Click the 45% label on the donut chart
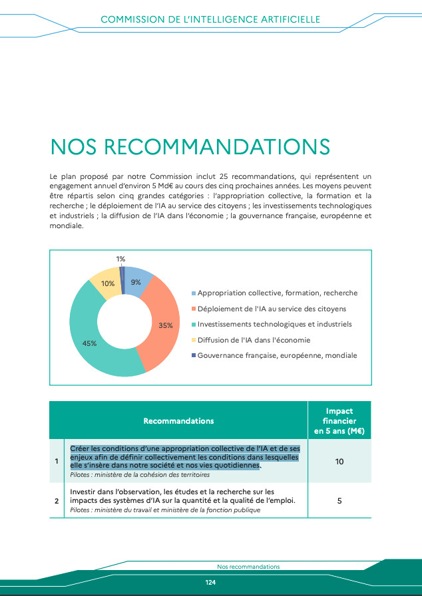(x=90, y=343)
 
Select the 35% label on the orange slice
(x=166, y=325)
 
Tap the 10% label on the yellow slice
(x=108, y=284)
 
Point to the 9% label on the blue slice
(x=136, y=282)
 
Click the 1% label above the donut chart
(x=120, y=259)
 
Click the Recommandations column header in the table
(x=178, y=421)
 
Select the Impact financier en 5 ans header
(x=339, y=421)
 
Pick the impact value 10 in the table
(x=339, y=461)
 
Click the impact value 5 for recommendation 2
(x=339, y=500)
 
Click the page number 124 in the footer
(x=210, y=582)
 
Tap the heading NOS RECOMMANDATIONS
(x=190, y=148)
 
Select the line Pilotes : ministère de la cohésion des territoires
(x=140, y=475)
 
